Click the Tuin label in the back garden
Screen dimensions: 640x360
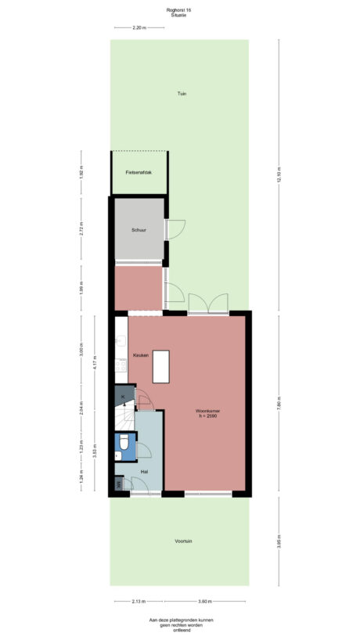[x=182, y=94]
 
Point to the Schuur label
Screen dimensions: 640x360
[x=139, y=230]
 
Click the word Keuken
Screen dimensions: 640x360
[x=141, y=355]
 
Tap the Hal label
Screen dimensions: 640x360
[x=144, y=472]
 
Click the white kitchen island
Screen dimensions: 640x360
[x=161, y=366]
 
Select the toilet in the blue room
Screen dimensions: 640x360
[x=123, y=447]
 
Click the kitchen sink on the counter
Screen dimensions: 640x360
[x=121, y=340]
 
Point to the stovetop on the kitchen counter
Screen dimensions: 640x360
[x=121, y=364]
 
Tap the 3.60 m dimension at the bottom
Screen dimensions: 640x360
[x=204, y=601]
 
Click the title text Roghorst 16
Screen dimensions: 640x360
[x=179, y=9]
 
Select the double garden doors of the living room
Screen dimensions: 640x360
[x=207, y=305]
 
